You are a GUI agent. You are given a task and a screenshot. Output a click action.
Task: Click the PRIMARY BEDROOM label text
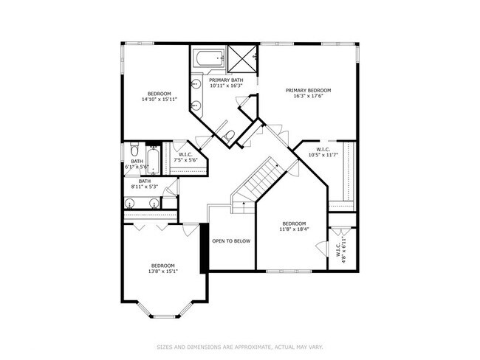(x=308, y=90)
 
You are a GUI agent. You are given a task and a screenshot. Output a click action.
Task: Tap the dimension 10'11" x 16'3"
(x=226, y=86)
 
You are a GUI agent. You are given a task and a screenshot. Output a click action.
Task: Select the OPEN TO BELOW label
(x=231, y=240)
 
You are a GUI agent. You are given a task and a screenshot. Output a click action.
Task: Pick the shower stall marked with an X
(x=241, y=56)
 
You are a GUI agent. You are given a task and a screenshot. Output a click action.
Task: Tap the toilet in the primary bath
(x=228, y=135)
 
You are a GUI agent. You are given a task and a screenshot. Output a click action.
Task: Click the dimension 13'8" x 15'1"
(x=163, y=271)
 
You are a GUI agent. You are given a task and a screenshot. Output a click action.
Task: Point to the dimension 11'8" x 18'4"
(x=294, y=229)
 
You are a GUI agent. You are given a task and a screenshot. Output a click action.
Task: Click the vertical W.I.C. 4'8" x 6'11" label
(x=343, y=251)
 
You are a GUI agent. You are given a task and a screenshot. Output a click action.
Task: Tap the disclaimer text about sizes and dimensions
(x=239, y=345)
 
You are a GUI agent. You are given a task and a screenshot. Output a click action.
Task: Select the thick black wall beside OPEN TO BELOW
(x=204, y=247)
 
